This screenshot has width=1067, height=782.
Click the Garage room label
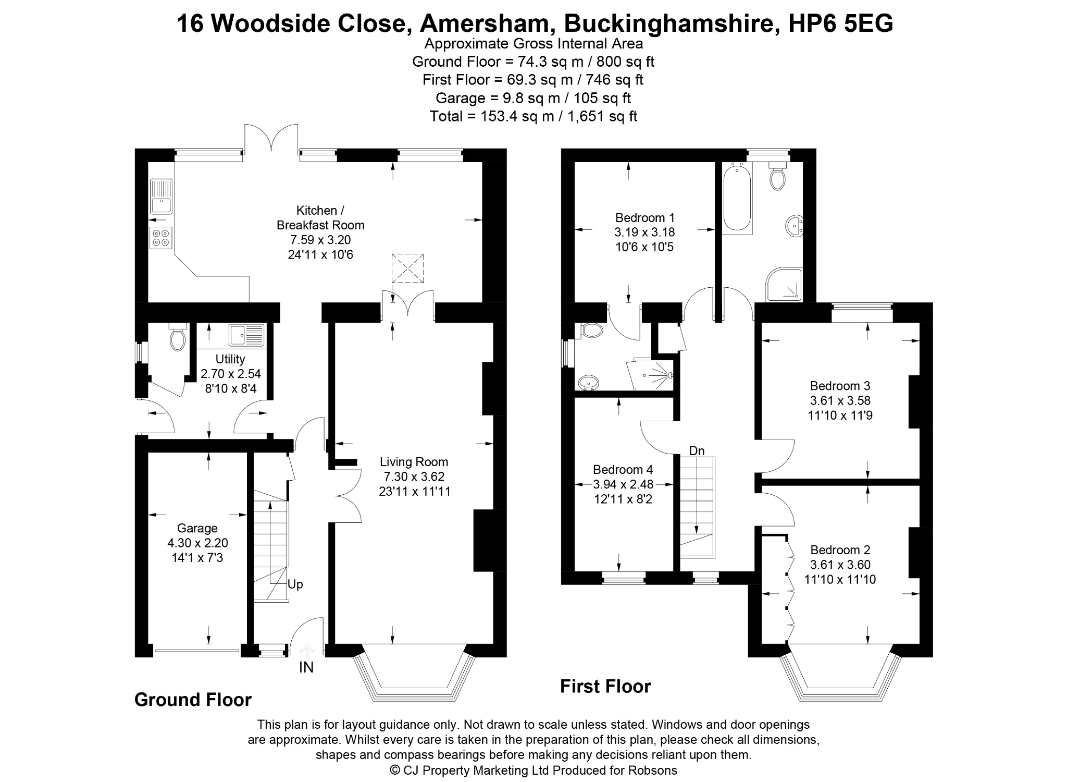[x=197, y=528]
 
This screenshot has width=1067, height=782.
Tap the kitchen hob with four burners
[x=161, y=238]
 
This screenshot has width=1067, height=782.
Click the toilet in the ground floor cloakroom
[x=178, y=337]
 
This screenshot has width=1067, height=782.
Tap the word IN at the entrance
[x=306, y=667]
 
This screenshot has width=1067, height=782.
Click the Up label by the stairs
[x=295, y=585]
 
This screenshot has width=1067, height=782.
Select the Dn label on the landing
[x=697, y=450]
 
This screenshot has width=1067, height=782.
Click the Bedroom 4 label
[x=623, y=470]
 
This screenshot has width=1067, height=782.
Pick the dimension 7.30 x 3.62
[x=414, y=476]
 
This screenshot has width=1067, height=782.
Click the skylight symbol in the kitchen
[x=408, y=268]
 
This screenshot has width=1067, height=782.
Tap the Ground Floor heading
[x=193, y=700]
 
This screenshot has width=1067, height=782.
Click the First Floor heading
[x=605, y=687]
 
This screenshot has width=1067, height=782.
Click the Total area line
[x=533, y=116]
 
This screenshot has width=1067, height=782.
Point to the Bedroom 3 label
[x=840, y=386]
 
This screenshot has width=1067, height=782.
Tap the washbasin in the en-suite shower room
[x=588, y=383]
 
